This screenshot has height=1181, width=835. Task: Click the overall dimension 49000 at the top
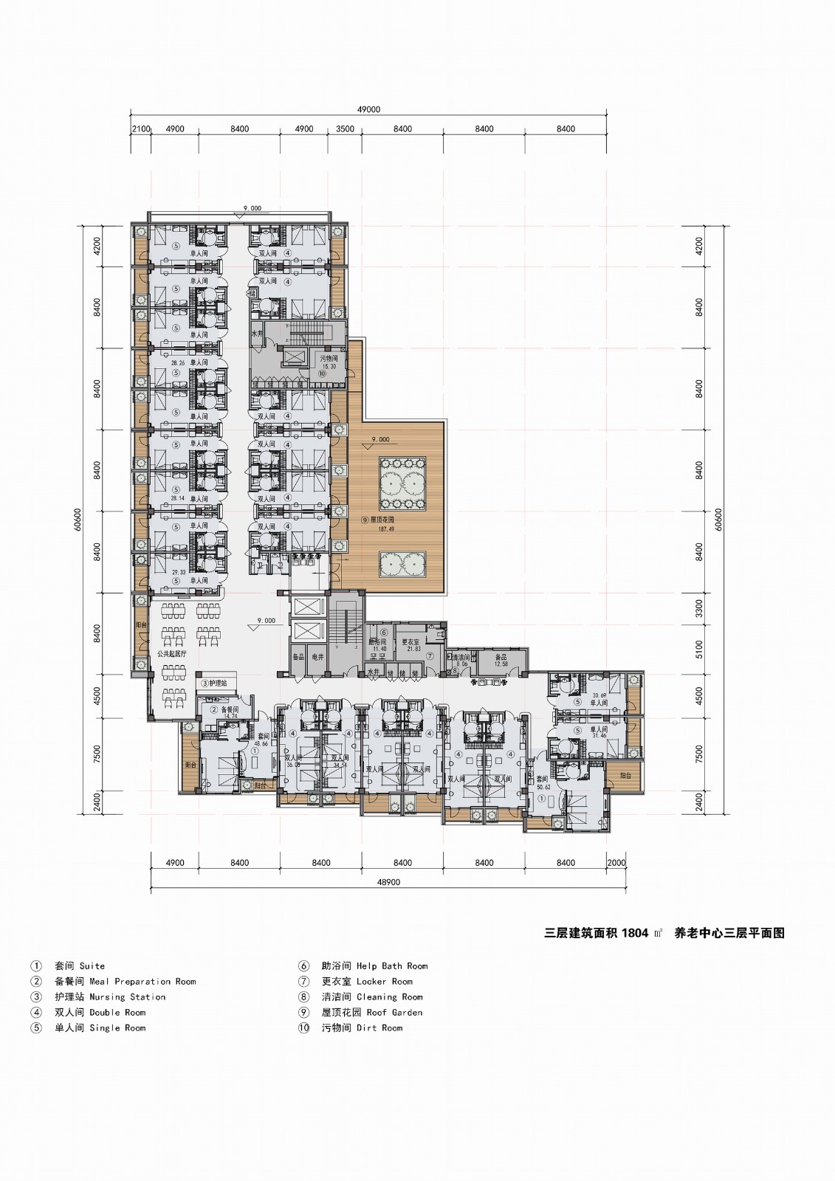pyautogui.click(x=368, y=109)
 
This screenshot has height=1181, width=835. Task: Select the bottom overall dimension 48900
pyautogui.click(x=388, y=882)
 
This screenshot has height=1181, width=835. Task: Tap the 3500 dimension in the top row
pyautogui.click(x=345, y=129)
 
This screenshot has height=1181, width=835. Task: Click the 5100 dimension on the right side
pyautogui.click(x=700, y=650)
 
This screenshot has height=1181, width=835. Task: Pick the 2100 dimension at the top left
pyautogui.click(x=141, y=129)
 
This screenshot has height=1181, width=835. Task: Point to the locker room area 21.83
pyautogui.click(x=411, y=649)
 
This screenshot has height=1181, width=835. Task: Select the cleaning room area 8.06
pyautogui.click(x=462, y=664)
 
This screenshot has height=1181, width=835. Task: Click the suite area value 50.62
pyautogui.click(x=544, y=787)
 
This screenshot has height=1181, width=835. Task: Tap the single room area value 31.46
pyautogui.click(x=597, y=736)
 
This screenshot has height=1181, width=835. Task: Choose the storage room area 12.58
pyautogui.click(x=501, y=664)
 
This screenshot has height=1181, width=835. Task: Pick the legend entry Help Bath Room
pyautogui.click(x=391, y=965)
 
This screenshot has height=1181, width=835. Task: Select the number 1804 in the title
pyautogui.click(x=635, y=933)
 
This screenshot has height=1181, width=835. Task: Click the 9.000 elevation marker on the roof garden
pyautogui.click(x=380, y=439)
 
